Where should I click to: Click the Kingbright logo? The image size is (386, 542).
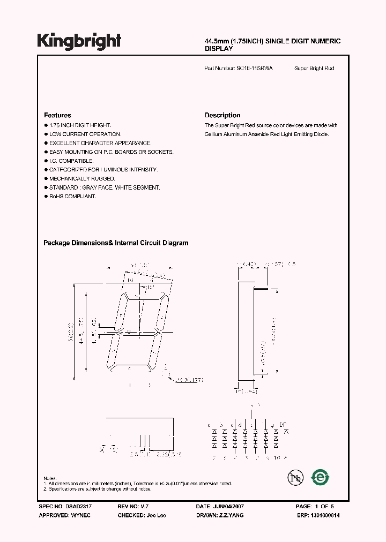pos(79,41)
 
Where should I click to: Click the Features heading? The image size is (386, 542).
pos(57,115)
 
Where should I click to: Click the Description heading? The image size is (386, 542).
pos(222,115)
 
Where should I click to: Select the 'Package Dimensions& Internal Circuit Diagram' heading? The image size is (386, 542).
pos(116,243)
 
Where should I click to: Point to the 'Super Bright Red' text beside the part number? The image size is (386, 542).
pos(314,69)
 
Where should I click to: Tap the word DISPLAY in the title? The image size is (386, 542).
pos(219,49)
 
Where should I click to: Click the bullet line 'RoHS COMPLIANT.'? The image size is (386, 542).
pos(72,197)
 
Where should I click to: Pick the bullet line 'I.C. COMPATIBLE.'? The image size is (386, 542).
pos(71,161)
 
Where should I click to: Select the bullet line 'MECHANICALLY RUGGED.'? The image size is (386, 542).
pos(81,178)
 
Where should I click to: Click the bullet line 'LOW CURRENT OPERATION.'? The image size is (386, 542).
pos(85,134)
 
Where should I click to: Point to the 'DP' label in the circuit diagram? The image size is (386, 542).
pos(284,425)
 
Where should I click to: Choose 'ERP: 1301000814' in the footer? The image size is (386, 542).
pos(318,515)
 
